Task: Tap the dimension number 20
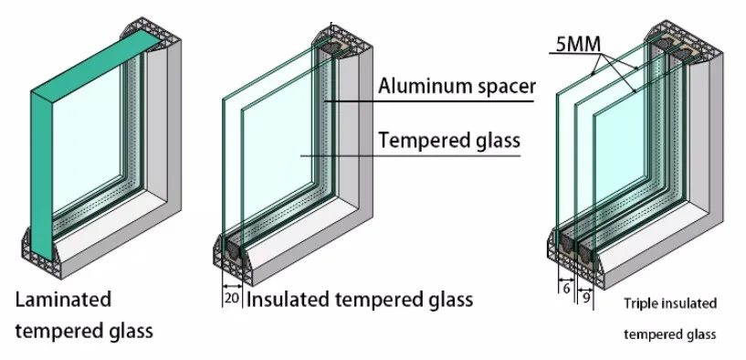(x=232, y=299)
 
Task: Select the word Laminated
(x=62, y=299)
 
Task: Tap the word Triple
(x=640, y=303)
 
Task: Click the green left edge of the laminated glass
(x=39, y=183)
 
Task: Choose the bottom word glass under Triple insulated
(x=700, y=334)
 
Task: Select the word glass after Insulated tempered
(x=448, y=299)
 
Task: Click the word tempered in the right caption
(x=651, y=334)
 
